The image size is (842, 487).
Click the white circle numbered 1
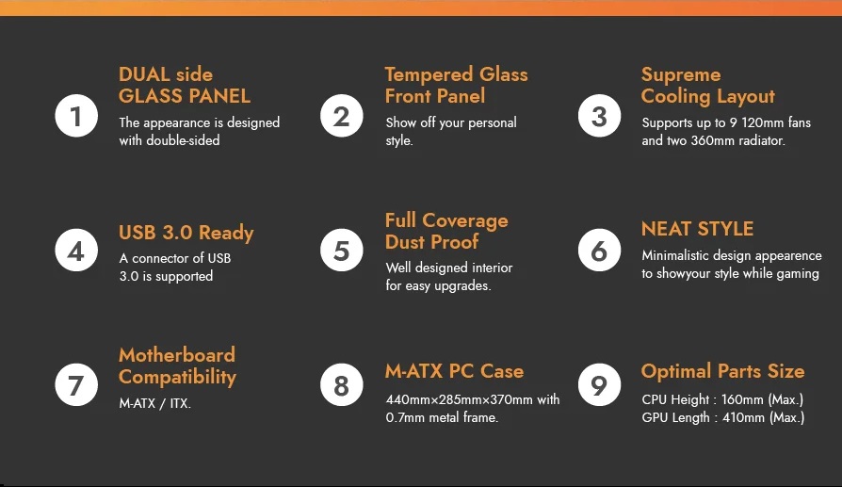pos(76,116)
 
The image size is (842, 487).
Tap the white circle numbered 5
pos(342,251)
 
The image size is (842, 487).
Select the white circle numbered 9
pos(599,385)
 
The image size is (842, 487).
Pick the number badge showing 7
pos(76,385)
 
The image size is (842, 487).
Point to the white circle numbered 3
pos(599,116)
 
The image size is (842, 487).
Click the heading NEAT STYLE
pos(698,229)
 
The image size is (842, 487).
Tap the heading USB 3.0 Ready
pos(186,233)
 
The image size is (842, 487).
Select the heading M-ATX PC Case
pos(454,371)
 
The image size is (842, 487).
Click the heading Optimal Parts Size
pos(722,371)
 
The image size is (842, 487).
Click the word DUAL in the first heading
pos(143,74)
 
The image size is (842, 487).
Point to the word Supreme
pos(681,75)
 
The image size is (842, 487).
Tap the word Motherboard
pos(177,355)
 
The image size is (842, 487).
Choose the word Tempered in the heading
pos(429,75)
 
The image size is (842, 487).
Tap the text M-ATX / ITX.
pos(155,403)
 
